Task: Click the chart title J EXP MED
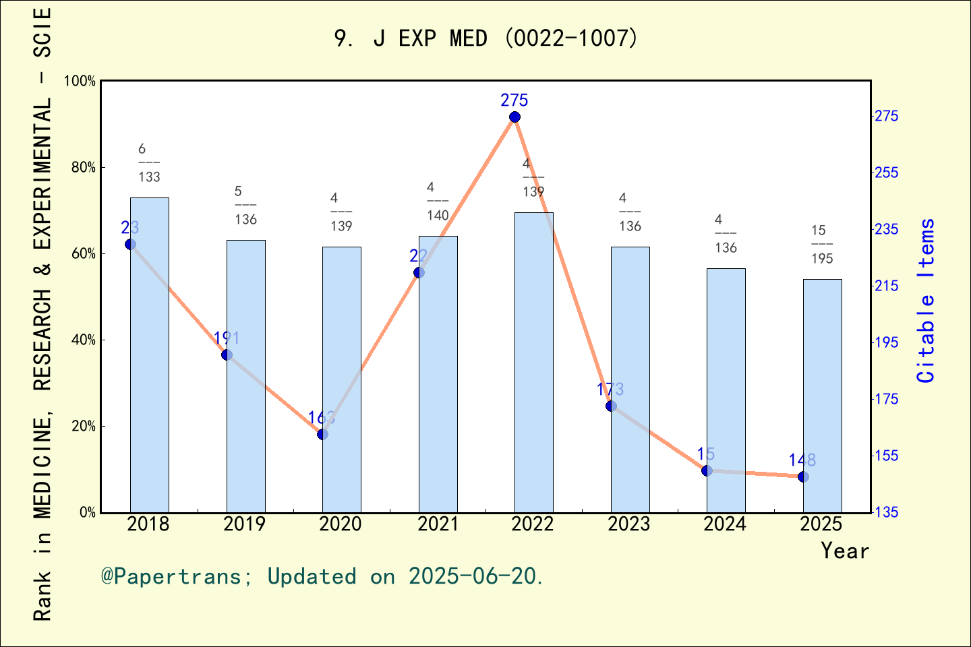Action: [486, 38]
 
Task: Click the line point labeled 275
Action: [514, 117]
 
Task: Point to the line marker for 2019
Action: [227, 355]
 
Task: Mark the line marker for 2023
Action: [611, 406]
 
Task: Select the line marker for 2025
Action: [803, 477]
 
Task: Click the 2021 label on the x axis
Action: [438, 524]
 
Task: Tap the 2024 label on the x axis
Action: [725, 524]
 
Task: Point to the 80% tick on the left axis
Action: [84, 168]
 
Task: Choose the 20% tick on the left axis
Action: [84, 427]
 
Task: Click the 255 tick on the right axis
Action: [887, 173]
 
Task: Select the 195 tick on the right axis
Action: [887, 343]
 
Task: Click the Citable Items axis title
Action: [926, 301]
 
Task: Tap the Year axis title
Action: [845, 551]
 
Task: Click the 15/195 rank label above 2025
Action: [821, 245]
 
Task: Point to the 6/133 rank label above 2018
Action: [148, 163]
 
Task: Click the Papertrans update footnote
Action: [322, 577]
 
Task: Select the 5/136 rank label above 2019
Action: [245, 206]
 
